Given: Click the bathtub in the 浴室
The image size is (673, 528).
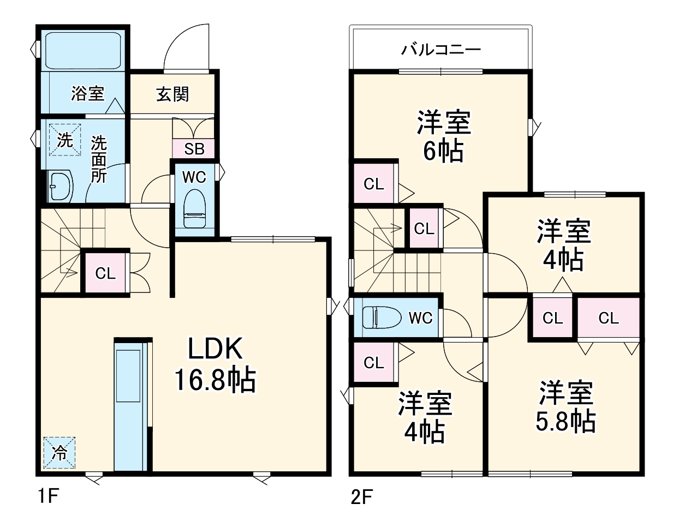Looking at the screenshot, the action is pyautogui.click(x=83, y=51).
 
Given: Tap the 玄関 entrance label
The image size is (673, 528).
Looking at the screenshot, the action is pyautogui.click(x=172, y=94).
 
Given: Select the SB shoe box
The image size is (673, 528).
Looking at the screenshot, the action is pyautogui.click(x=194, y=149).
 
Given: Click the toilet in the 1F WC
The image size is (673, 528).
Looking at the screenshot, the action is pyautogui.click(x=195, y=208).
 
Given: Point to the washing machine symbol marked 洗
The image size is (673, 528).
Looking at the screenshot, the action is pyautogui.click(x=65, y=140).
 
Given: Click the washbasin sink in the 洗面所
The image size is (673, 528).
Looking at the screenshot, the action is pyautogui.click(x=61, y=187).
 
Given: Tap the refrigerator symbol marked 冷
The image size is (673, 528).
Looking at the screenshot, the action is pyautogui.click(x=59, y=452).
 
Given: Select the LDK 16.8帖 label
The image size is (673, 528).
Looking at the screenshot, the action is pyautogui.click(x=215, y=366).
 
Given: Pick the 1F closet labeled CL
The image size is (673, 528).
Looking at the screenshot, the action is pyautogui.click(x=105, y=273).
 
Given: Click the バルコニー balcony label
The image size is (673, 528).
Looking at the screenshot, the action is pyautogui.click(x=441, y=50).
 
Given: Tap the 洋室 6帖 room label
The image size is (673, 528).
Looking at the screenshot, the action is pyautogui.click(x=444, y=136).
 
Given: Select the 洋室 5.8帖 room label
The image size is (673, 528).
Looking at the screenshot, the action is pyautogui.click(x=566, y=407).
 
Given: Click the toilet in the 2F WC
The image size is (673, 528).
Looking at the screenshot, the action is pyautogui.click(x=382, y=317).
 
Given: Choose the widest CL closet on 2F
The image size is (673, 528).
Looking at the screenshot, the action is pyautogui.click(x=609, y=317).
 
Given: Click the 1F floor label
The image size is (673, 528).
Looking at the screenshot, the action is pyautogui.click(x=49, y=496).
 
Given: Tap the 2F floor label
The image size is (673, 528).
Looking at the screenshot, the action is pyautogui.click(x=361, y=497).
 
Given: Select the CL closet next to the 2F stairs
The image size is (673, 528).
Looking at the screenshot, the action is pyautogui.click(x=424, y=229).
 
